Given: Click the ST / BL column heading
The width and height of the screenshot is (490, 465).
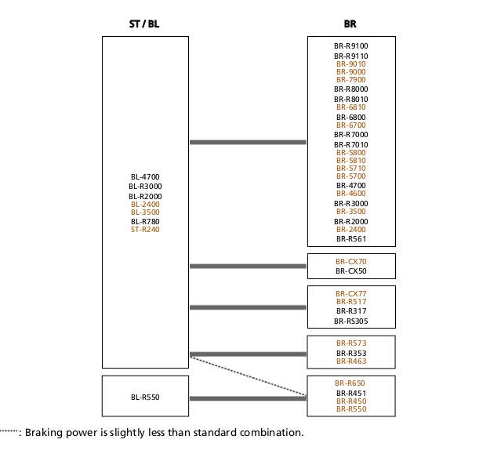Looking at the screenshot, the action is (x=144, y=24).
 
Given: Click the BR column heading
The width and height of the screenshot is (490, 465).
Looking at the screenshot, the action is (x=350, y=24).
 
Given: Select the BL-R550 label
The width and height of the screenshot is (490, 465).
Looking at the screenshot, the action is (x=145, y=398).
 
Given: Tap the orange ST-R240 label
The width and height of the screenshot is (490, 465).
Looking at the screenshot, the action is (x=145, y=230).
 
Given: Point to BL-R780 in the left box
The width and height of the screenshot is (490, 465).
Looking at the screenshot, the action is (x=145, y=222).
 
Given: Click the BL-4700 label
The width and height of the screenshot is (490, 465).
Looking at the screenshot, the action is (x=145, y=177).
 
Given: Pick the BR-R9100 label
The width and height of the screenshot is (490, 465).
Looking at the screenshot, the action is (x=351, y=46).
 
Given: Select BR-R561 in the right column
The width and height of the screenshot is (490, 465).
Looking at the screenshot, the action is (x=351, y=238).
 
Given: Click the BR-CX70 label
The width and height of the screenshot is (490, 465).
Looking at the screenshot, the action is (x=351, y=262).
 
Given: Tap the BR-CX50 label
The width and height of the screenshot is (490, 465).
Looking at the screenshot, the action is (x=351, y=271).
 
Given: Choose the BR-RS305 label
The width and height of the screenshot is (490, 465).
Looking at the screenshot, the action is (x=351, y=321).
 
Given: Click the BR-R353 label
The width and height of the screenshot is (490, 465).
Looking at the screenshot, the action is (x=351, y=353).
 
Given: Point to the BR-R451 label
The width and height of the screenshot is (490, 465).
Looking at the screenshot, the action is (x=351, y=393).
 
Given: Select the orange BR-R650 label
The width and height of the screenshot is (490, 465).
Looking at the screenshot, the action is (x=350, y=383).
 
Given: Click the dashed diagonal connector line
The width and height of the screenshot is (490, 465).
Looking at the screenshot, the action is (x=249, y=376).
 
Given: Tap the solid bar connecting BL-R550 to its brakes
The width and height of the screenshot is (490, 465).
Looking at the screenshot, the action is (x=248, y=398).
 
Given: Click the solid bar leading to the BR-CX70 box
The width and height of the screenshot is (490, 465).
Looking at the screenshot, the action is (x=248, y=267).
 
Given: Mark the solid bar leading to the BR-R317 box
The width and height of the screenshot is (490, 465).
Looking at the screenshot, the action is (x=248, y=307).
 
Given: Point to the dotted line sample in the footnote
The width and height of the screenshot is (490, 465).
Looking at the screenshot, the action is (x=9, y=431).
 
